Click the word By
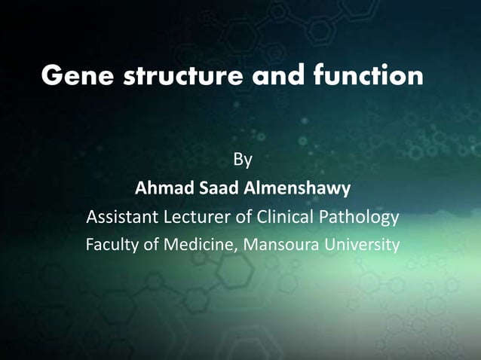tap(242, 160)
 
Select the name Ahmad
tap(161, 188)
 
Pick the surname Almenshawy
tap(293, 188)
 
